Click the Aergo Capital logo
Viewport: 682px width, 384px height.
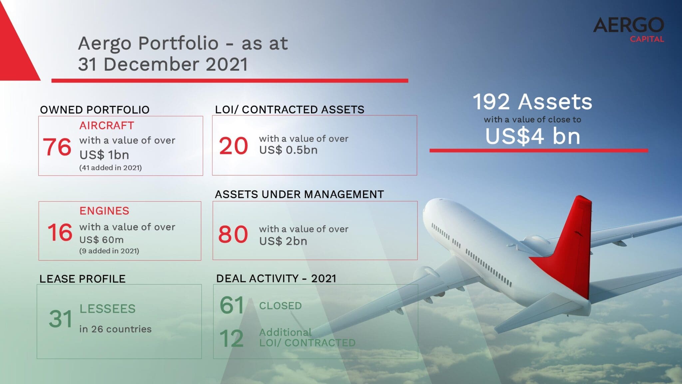pos(628,30)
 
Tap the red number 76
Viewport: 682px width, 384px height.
pos(57,147)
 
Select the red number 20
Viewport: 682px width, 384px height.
pos(233,146)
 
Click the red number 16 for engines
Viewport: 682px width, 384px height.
pos(60,232)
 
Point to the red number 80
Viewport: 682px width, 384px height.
pos(233,234)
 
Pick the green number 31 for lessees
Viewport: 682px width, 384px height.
pos(60,319)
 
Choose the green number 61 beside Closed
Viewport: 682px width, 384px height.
pos(232,305)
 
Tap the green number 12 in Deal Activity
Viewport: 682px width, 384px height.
pos(231,339)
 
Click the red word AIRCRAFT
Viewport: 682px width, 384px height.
pos(107,126)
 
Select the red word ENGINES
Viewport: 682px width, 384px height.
pos(104,211)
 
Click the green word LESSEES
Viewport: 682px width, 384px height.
pos(107,309)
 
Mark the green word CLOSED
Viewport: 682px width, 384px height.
pos(280,306)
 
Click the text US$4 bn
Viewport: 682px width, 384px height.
pos(532,136)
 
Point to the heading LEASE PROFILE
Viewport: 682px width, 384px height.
pos(82,279)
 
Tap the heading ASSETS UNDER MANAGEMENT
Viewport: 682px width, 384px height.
pos(299,194)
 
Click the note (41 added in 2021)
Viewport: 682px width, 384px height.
pos(110,168)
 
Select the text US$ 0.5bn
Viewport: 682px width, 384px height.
pos(288,150)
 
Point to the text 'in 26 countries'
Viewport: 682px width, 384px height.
pos(115,329)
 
